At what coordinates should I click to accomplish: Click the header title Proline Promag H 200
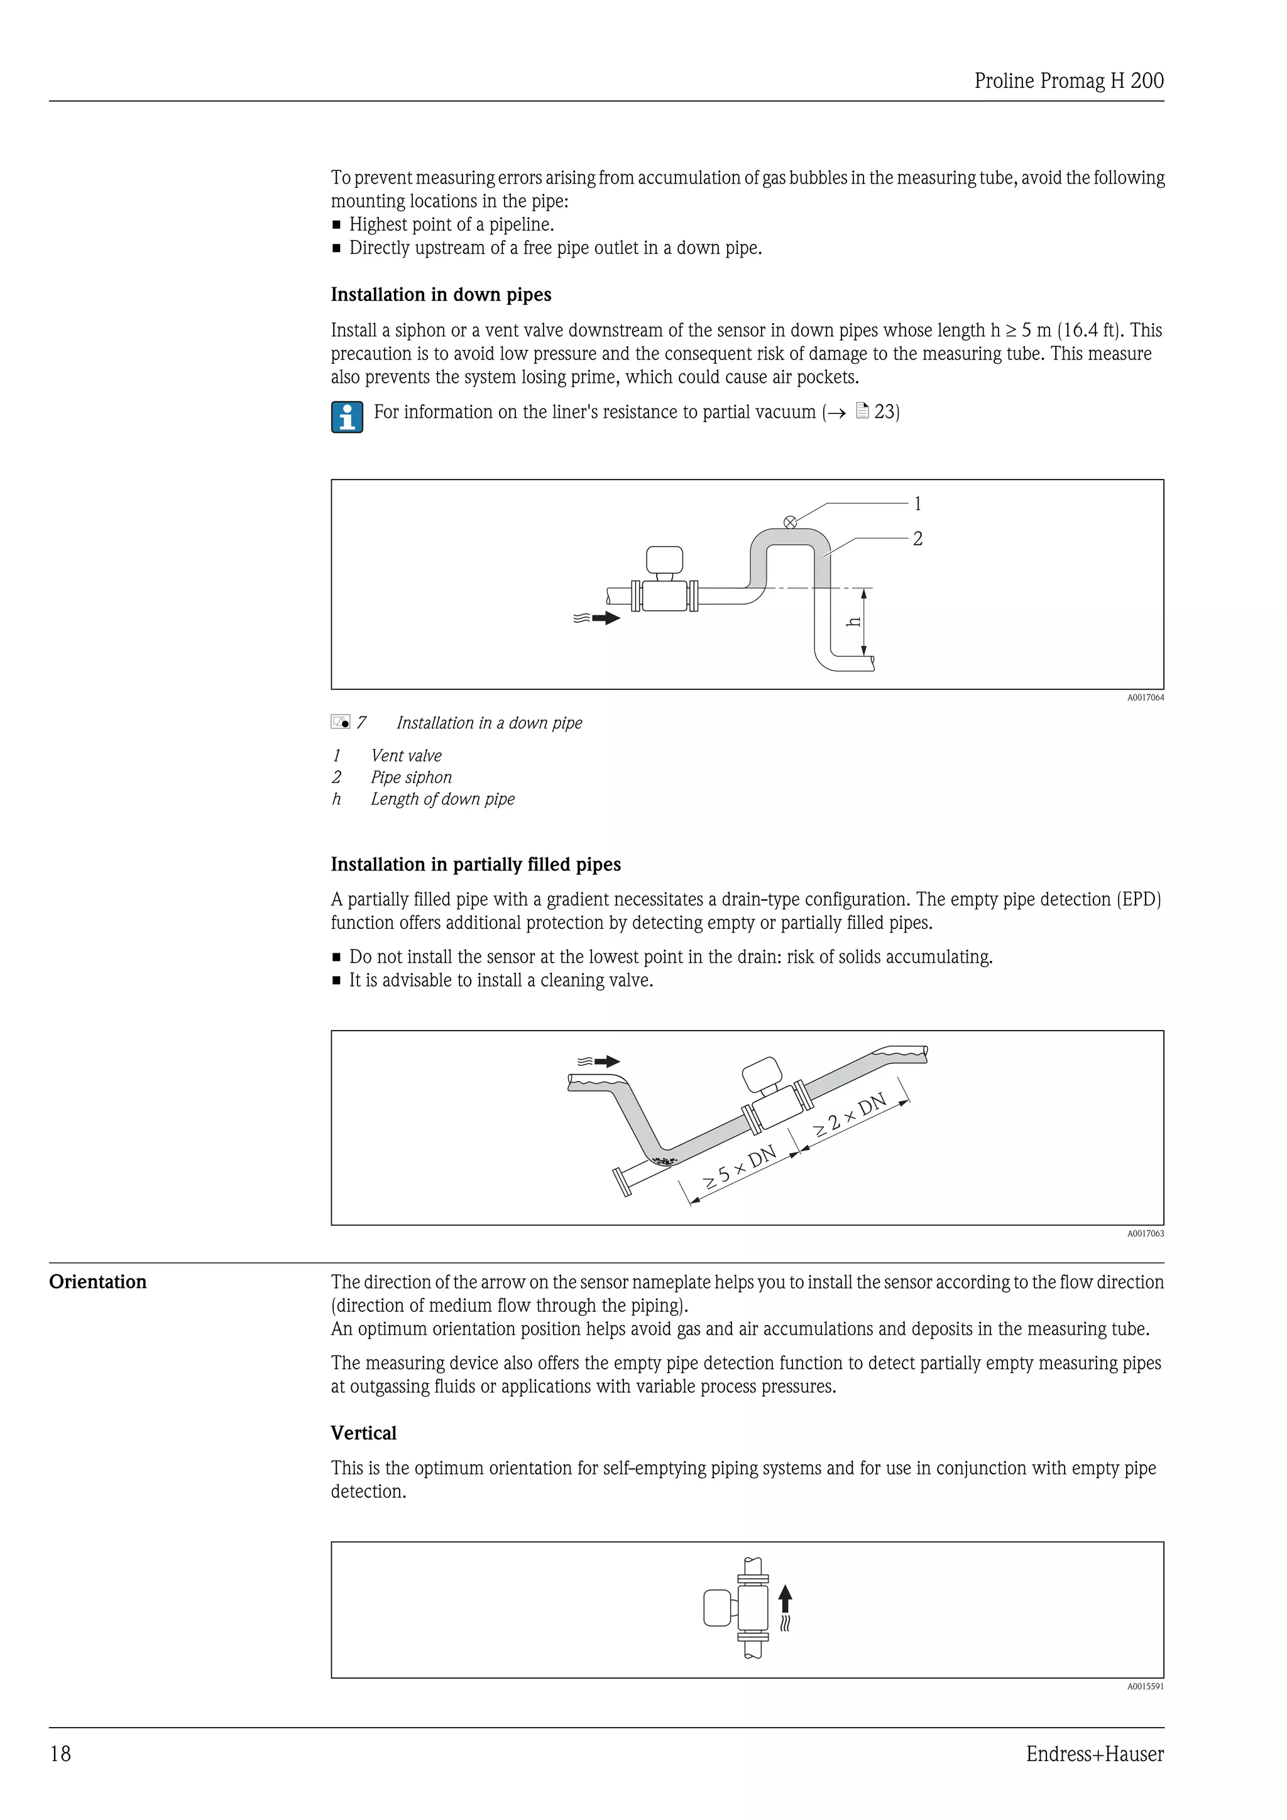tap(1068, 81)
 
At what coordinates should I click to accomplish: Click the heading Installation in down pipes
tap(441, 295)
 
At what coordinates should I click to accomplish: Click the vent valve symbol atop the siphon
tap(790, 522)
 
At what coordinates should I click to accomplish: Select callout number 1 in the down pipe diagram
tap(917, 503)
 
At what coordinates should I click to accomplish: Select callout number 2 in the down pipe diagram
tap(917, 539)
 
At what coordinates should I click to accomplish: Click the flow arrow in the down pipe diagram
tap(605, 618)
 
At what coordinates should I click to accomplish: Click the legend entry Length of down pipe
tap(442, 799)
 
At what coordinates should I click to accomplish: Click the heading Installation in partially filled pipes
tap(476, 865)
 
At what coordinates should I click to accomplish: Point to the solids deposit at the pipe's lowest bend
tap(664, 1162)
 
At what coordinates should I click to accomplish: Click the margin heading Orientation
tap(97, 1283)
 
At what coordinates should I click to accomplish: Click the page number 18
tap(60, 1754)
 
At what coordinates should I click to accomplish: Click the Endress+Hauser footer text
tap(1095, 1754)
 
